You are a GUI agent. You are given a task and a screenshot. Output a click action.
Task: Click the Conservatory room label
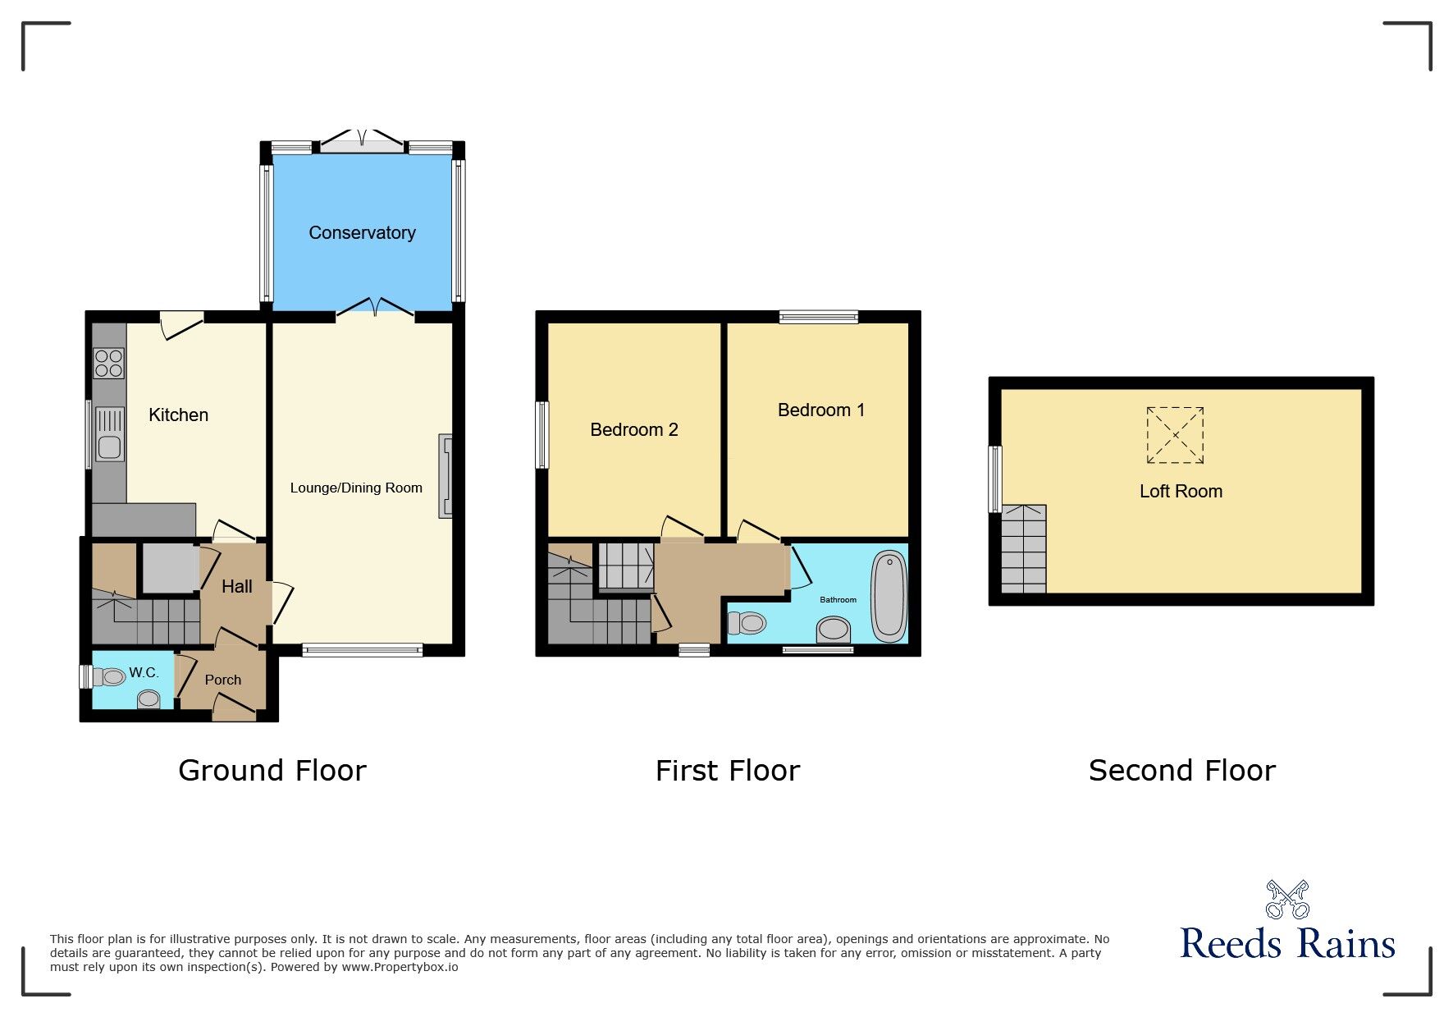click(x=362, y=233)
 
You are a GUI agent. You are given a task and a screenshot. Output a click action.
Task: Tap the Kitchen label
click(x=178, y=415)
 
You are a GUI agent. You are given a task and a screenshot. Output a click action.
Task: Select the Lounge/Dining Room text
click(x=356, y=488)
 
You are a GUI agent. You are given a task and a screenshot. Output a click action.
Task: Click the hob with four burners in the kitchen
click(x=108, y=363)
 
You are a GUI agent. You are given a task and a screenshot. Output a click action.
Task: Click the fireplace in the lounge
click(x=445, y=476)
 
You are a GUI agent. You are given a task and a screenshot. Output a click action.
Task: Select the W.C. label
click(x=144, y=673)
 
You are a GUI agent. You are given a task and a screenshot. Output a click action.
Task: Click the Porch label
click(x=223, y=680)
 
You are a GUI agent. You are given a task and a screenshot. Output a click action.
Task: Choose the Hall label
click(x=237, y=587)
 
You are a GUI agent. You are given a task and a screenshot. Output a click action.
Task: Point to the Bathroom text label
click(x=838, y=600)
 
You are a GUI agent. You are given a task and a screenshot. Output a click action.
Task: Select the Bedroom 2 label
click(x=634, y=430)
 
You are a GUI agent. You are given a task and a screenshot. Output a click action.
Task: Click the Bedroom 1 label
click(x=821, y=410)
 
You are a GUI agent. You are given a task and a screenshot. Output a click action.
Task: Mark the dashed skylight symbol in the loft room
click(x=1175, y=435)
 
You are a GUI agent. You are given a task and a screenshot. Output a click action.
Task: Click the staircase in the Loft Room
click(x=1024, y=548)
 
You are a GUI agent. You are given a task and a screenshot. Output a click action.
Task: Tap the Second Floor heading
click(x=1182, y=771)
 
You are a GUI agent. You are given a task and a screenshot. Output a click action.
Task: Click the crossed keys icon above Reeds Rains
click(x=1287, y=900)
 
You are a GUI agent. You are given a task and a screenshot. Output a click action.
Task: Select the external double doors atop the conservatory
click(x=362, y=140)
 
